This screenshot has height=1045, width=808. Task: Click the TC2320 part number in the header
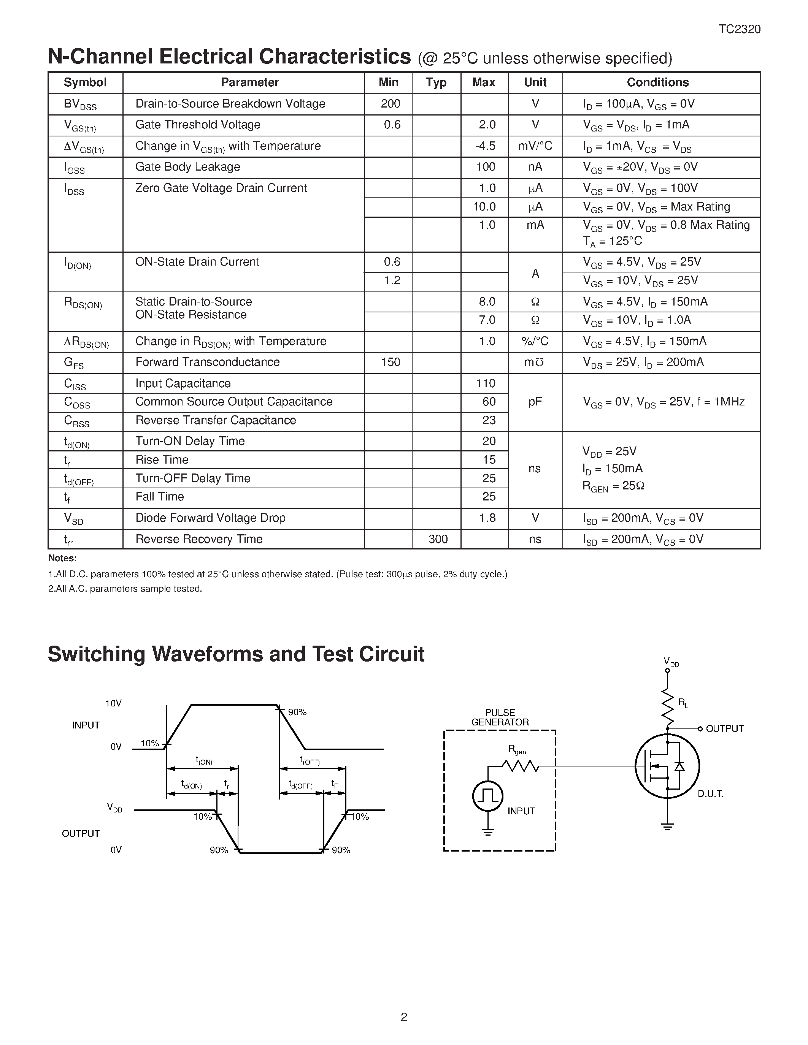tap(739, 29)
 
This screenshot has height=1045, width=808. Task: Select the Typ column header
tap(436, 82)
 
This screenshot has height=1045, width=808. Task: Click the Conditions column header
tap(658, 82)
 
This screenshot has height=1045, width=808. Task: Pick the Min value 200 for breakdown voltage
tap(391, 104)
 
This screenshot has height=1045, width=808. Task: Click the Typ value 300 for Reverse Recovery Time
tap(438, 539)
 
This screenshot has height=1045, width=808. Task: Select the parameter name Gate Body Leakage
tap(187, 167)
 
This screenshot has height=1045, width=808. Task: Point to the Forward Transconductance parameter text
tap(207, 362)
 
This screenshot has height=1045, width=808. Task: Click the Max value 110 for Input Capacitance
tap(486, 383)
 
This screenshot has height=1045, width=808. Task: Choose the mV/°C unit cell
tap(535, 146)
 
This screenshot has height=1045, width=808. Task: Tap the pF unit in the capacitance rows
tap(535, 402)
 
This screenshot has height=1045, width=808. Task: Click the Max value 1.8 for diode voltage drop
tap(487, 518)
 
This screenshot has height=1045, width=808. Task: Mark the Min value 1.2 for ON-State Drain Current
tap(392, 280)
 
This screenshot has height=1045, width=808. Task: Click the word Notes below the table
tap(62, 558)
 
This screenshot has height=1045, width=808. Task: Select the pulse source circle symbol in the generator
tap(487, 795)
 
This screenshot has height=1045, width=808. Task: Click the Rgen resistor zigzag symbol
tap(520, 766)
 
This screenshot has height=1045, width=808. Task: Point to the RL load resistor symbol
tap(667, 707)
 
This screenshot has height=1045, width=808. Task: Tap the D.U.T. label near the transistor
tap(710, 794)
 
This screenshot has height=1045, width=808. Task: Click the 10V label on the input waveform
tap(113, 703)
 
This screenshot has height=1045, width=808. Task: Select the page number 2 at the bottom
tap(404, 1017)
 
